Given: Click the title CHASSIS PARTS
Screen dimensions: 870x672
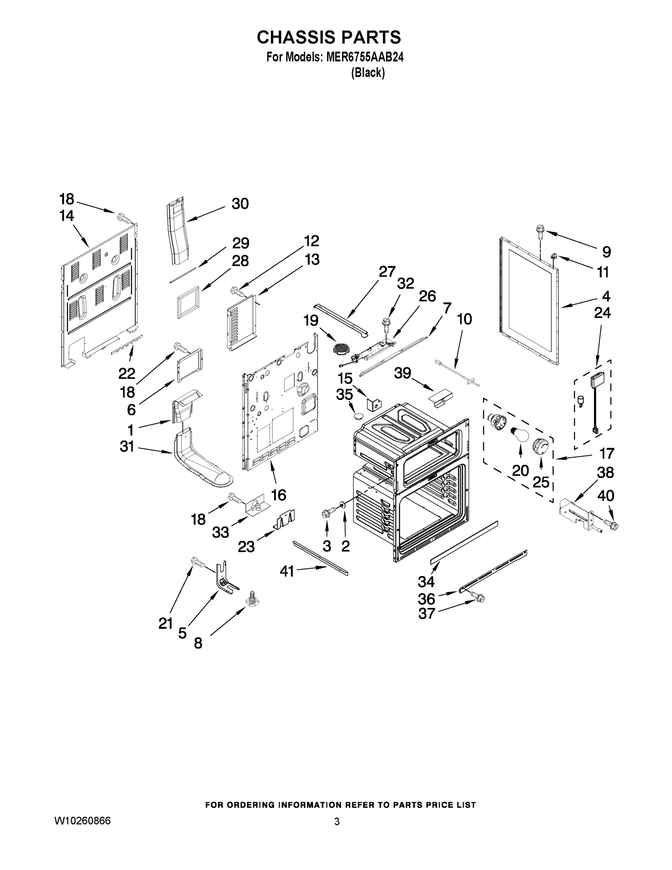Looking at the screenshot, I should [329, 37].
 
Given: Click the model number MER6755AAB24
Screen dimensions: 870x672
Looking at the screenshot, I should [365, 57].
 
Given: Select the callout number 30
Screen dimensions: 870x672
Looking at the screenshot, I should [240, 204].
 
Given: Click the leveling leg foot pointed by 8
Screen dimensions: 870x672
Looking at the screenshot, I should [251, 601].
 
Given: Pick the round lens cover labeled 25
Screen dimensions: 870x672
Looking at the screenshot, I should [540, 445].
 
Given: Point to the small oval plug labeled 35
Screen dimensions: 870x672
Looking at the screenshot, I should [358, 416].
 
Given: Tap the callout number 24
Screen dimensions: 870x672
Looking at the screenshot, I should [602, 313].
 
